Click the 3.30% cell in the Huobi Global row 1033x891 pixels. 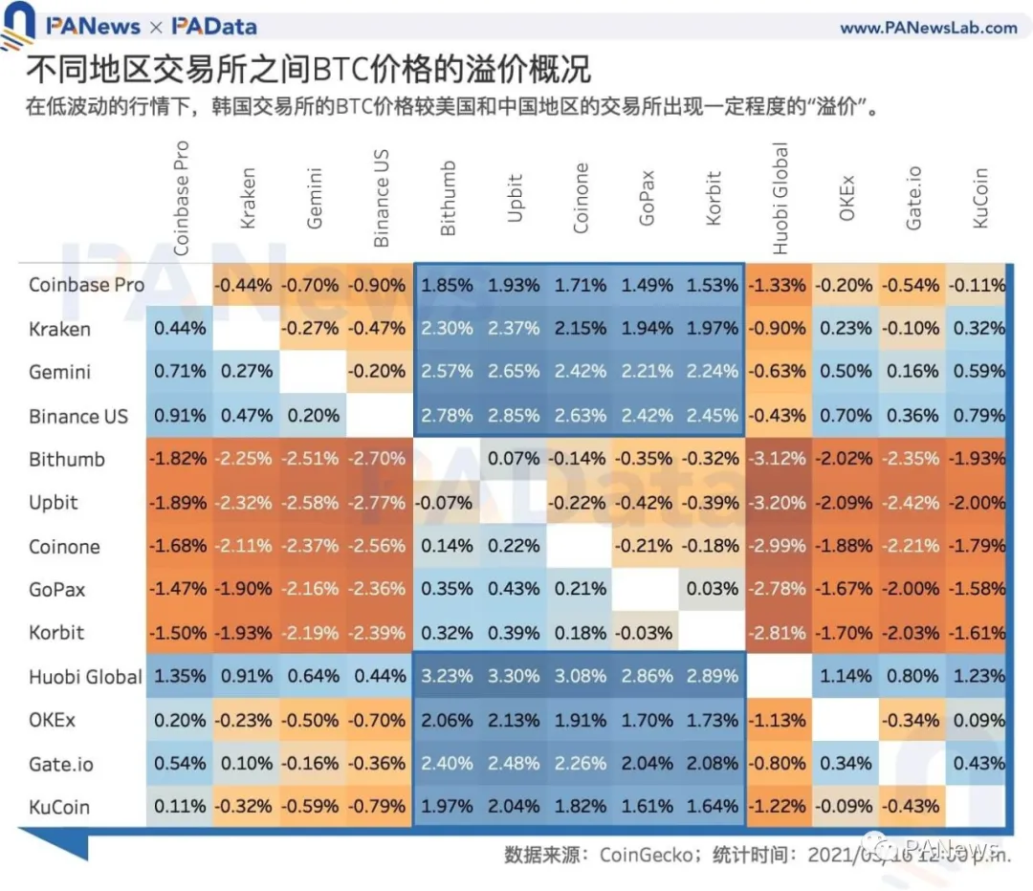[514, 676]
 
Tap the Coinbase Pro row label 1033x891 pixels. [86, 285]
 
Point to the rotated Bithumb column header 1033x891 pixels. [448, 198]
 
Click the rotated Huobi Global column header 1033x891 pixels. [780, 198]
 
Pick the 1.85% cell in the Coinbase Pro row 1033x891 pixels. [447, 285]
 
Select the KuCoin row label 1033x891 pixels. [59, 807]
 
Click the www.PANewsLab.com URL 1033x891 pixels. [928, 27]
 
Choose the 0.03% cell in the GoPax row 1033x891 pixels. [713, 589]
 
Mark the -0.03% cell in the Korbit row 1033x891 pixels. [647, 633]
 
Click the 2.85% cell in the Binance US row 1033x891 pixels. [514, 416]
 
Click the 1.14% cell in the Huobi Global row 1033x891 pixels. [846, 676]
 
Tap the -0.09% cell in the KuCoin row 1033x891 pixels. [846, 807]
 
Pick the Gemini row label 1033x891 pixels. [59, 372]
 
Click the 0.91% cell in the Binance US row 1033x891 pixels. [180, 416]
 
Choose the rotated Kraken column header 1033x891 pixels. [248, 199]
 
